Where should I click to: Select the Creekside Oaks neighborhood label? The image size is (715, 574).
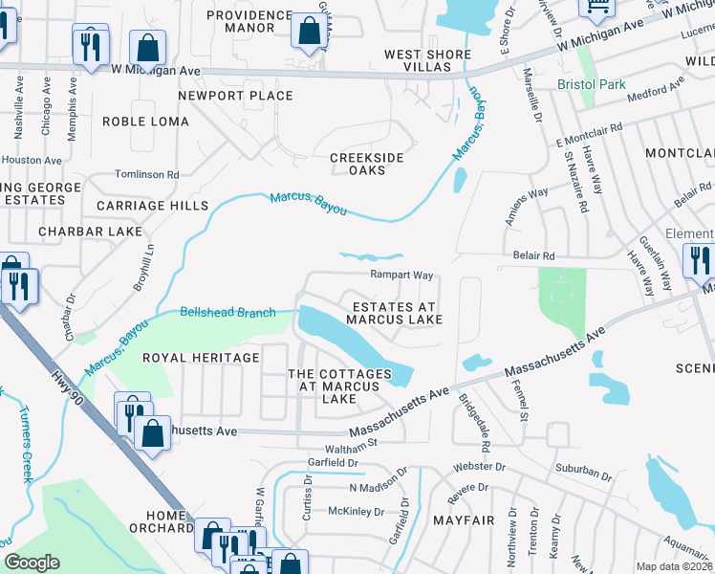366,164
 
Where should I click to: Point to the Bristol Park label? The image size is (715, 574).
592,84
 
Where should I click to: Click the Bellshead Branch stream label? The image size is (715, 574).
228,312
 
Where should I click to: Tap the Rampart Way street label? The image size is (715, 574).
402,274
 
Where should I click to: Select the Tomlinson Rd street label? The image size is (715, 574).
146,174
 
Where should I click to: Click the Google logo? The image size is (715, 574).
32,563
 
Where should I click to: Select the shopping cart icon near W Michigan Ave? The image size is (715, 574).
597,8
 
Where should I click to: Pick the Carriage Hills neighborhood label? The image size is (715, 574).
152,206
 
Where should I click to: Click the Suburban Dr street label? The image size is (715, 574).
582,474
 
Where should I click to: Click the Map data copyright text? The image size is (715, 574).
674,565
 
